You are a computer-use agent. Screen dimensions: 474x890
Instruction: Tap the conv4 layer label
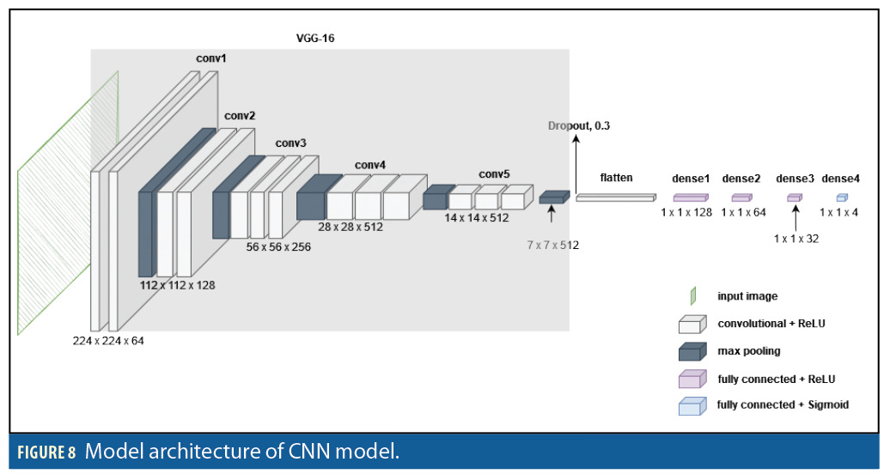click(x=370, y=165)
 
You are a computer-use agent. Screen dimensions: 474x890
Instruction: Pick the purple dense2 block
click(x=741, y=197)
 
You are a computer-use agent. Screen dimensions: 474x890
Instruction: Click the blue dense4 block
click(x=842, y=197)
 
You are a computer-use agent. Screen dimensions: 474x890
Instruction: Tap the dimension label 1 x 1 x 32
click(x=796, y=239)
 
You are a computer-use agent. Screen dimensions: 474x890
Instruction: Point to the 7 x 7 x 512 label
click(x=553, y=245)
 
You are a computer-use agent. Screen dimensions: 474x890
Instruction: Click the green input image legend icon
click(x=692, y=296)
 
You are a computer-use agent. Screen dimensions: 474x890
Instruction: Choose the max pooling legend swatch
click(x=692, y=351)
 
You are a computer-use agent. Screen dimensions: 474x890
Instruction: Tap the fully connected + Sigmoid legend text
click(x=783, y=404)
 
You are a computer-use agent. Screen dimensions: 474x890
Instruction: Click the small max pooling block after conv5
click(x=554, y=197)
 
